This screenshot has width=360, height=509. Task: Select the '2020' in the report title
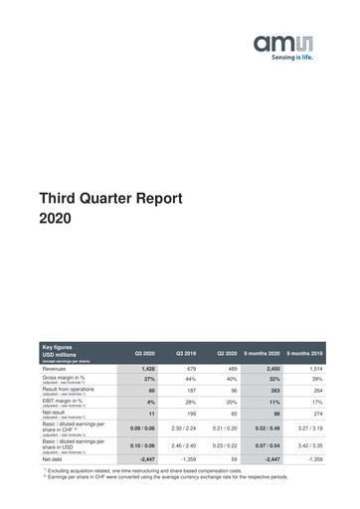pyautogui.click(x=55, y=218)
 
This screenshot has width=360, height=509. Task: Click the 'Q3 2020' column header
pyautogui.click(x=144, y=354)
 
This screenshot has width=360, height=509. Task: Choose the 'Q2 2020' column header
pyautogui.click(x=226, y=354)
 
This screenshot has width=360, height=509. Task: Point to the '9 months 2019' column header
pyautogui.click(x=305, y=354)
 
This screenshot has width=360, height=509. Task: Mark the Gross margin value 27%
pyautogui.click(x=148, y=379)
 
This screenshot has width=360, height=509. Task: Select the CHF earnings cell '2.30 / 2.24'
pyautogui.click(x=186, y=428)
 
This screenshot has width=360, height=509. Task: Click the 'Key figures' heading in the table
pyautogui.click(x=57, y=346)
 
